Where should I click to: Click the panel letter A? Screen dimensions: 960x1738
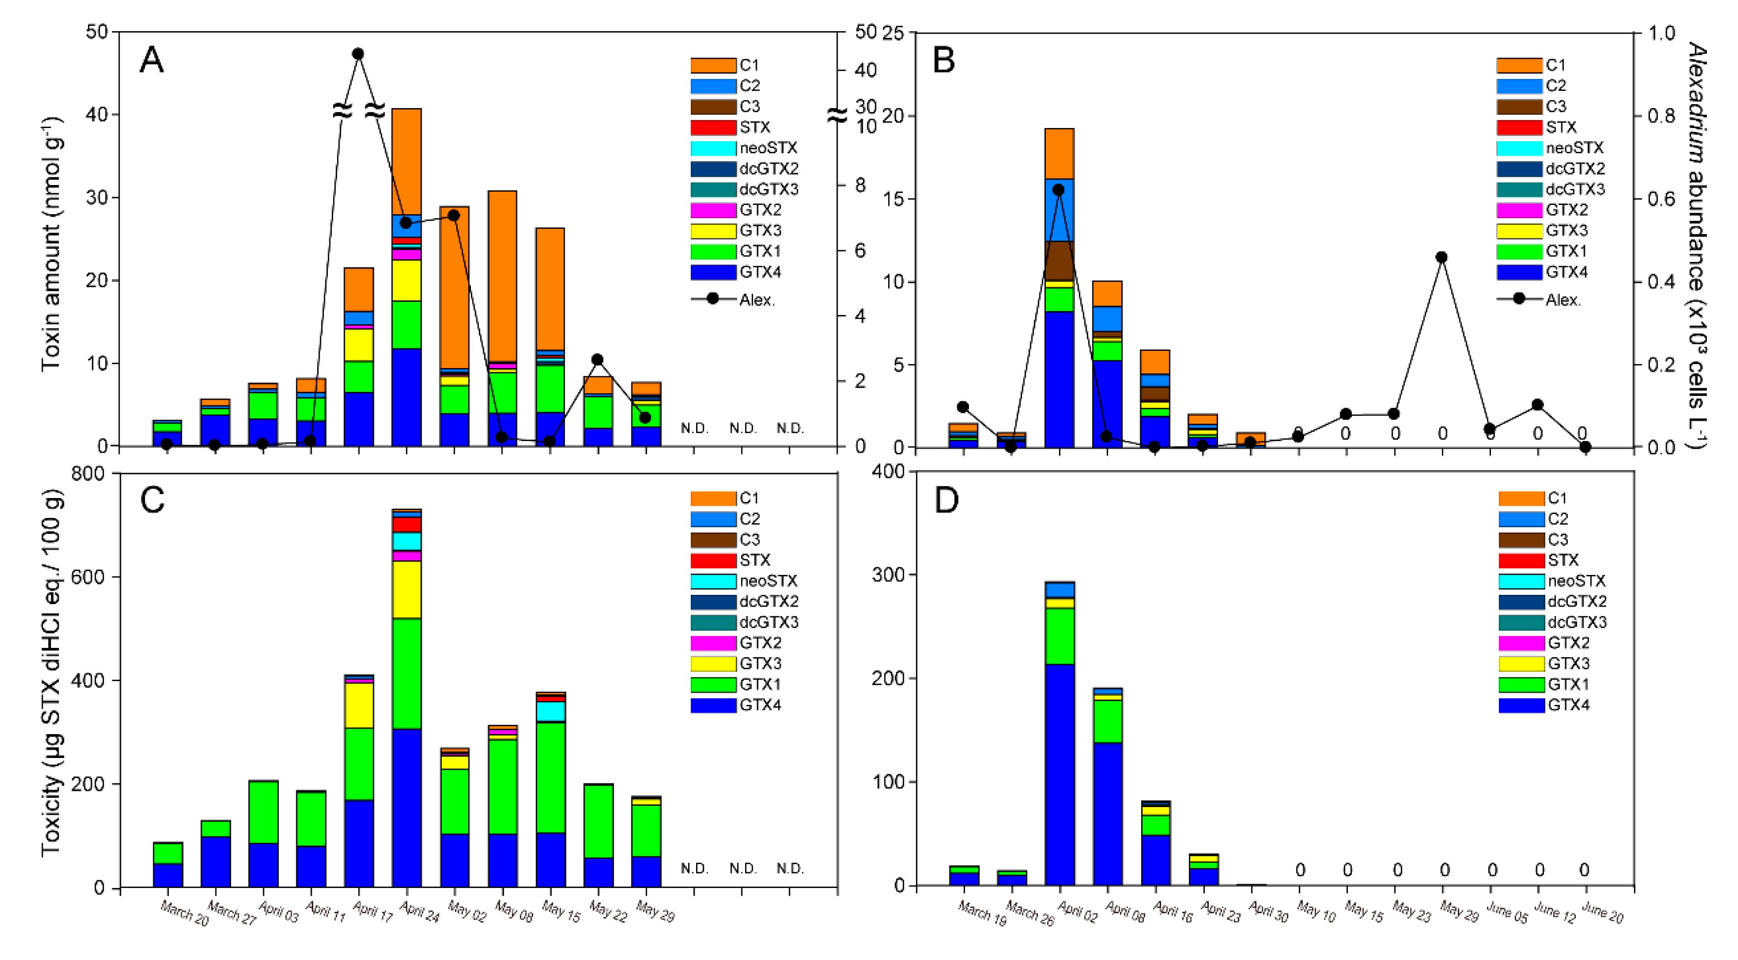(x=151, y=61)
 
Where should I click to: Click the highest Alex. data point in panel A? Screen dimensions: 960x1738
(x=358, y=54)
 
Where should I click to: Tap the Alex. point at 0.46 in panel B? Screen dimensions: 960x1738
(x=1442, y=257)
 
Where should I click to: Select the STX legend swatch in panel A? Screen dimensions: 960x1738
(x=713, y=128)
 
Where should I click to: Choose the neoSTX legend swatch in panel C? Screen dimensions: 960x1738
(x=713, y=581)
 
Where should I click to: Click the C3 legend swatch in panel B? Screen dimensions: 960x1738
(x=1519, y=107)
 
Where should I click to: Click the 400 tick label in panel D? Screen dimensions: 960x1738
(x=888, y=471)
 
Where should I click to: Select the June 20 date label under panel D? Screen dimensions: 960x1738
(x=1602, y=913)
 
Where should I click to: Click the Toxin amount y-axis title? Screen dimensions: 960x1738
(x=52, y=244)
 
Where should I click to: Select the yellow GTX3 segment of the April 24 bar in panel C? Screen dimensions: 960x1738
(x=406, y=590)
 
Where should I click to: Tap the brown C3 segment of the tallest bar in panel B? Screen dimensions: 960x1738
(x=1058, y=260)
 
